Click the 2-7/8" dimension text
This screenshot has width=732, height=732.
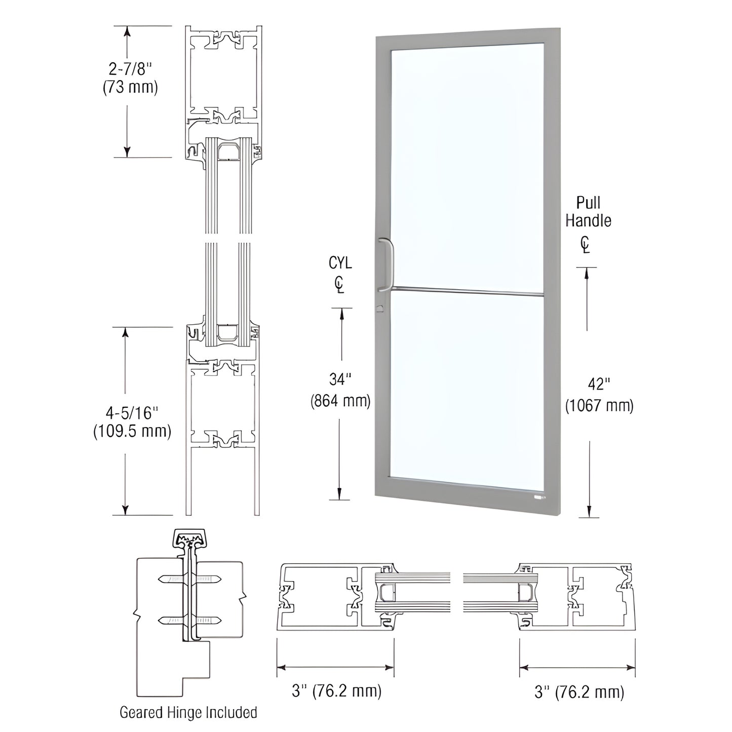click(x=130, y=68)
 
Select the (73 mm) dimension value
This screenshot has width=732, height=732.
click(x=130, y=87)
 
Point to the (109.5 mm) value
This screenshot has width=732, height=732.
click(x=132, y=432)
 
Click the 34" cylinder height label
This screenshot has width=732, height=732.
click(x=340, y=379)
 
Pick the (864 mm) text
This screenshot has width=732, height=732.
click(x=340, y=401)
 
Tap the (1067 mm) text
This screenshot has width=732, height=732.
click(x=599, y=405)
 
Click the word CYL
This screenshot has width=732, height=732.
click(x=340, y=263)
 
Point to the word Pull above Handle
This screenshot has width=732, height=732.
click(x=588, y=203)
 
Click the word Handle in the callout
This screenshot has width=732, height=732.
click(x=588, y=221)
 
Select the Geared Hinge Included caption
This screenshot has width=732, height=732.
click(x=188, y=712)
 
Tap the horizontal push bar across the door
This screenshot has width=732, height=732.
click(x=466, y=292)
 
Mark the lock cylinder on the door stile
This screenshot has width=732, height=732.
click(x=379, y=308)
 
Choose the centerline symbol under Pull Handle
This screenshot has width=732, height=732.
click(x=586, y=245)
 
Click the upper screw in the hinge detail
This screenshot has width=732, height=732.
click(x=189, y=579)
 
